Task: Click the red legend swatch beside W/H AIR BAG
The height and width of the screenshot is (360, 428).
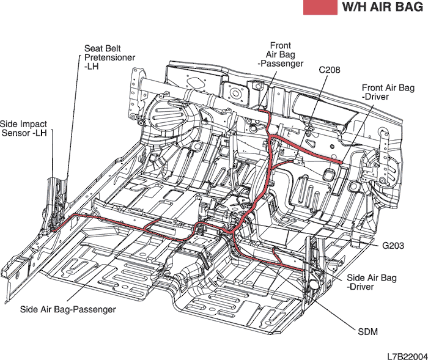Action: coord(320,7)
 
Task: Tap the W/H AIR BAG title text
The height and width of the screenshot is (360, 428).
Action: coord(383,7)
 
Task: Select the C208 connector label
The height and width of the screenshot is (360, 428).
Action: coord(330,70)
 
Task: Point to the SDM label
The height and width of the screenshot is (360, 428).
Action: coord(367,332)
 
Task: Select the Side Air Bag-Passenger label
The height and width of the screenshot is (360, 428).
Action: coord(67,309)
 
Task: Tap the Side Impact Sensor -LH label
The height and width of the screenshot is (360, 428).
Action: coord(24,128)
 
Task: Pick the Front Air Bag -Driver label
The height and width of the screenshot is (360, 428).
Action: coord(388,92)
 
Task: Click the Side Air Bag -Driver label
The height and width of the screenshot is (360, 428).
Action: coord(371,282)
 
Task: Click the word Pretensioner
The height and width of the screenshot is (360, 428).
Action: coord(110,57)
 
